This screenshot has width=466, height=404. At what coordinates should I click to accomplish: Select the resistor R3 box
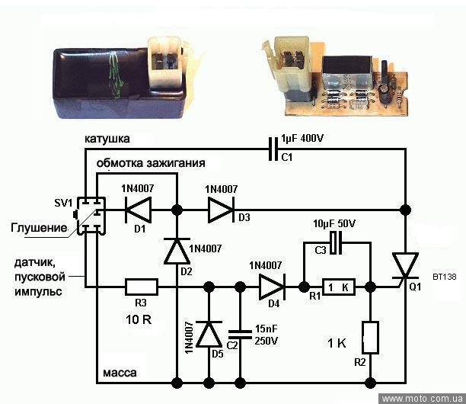[x=142, y=287]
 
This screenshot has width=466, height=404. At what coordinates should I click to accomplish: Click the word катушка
[x=107, y=140]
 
